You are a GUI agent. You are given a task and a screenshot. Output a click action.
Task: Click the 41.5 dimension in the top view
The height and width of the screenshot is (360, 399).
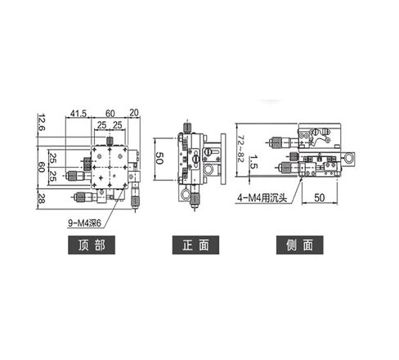click(79, 113)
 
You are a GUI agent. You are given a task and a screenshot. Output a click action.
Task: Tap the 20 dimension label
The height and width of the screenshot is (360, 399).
click(133, 113)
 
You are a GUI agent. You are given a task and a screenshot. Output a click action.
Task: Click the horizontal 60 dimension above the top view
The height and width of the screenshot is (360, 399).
click(109, 113)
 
